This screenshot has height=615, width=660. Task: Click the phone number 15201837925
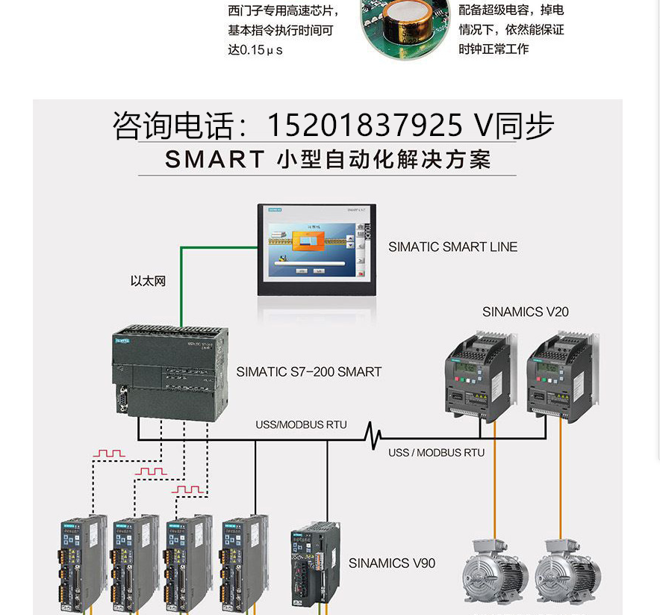(366, 126)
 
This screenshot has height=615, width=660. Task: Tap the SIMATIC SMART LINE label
(452, 247)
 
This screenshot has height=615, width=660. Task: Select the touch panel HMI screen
(314, 250)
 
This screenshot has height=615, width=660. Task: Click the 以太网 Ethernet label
(148, 281)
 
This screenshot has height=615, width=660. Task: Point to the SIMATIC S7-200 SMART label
(308, 371)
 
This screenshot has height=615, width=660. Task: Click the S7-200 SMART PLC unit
(171, 371)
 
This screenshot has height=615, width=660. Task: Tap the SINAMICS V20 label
(525, 312)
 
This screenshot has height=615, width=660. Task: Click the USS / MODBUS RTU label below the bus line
(436, 453)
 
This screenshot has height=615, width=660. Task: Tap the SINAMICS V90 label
(392, 563)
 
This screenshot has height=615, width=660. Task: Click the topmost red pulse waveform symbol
(110, 453)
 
